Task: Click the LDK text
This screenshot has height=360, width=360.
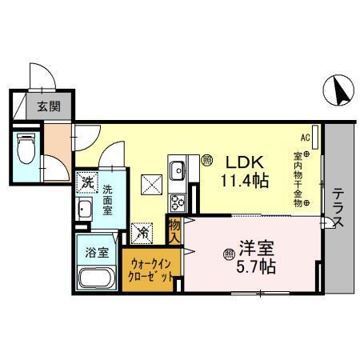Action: click(240, 161)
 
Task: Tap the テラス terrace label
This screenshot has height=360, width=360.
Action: click(338, 207)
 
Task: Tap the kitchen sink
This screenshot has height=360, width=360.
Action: click(177, 170)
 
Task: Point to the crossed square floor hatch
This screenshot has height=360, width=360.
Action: click(151, 185)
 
